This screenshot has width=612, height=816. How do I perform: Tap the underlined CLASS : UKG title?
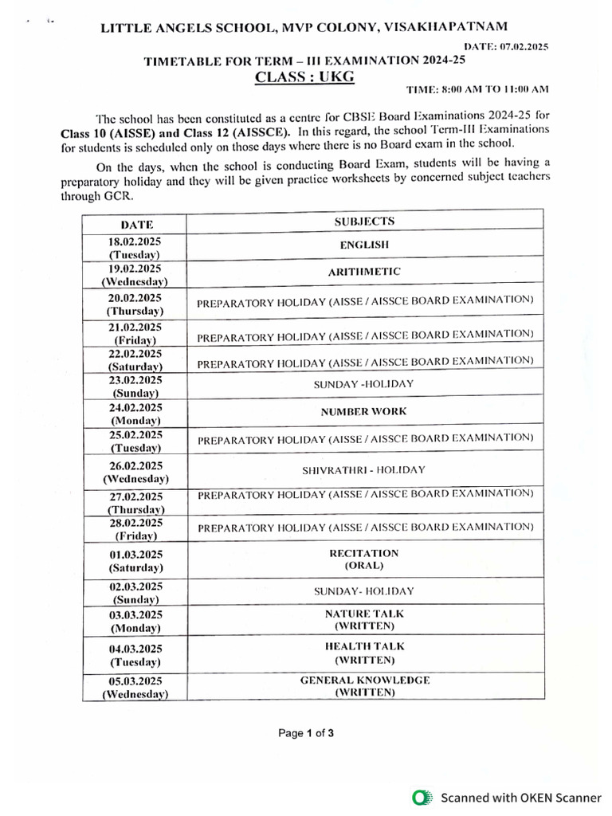pos(304,76)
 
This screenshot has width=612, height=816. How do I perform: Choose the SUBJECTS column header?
pos(364,222)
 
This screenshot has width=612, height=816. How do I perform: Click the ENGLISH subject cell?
pos(364,245)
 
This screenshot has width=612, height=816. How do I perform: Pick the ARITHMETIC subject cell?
pos(364,272)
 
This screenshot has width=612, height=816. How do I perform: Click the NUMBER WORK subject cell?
pos(364,412)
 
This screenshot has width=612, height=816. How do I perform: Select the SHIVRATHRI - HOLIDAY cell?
pos(364,470)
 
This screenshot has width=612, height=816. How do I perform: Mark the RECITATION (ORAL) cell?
pos(364,559)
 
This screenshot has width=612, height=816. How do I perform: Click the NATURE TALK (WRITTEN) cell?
pos(364,620)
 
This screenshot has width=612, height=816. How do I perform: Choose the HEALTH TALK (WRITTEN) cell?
pos(364,653)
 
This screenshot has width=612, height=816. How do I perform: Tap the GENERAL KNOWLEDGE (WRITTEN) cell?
pos(364,687)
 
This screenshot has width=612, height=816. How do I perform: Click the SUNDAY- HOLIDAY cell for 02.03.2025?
pos(364,591)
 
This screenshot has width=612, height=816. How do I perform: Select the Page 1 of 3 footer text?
pos(306,734)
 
